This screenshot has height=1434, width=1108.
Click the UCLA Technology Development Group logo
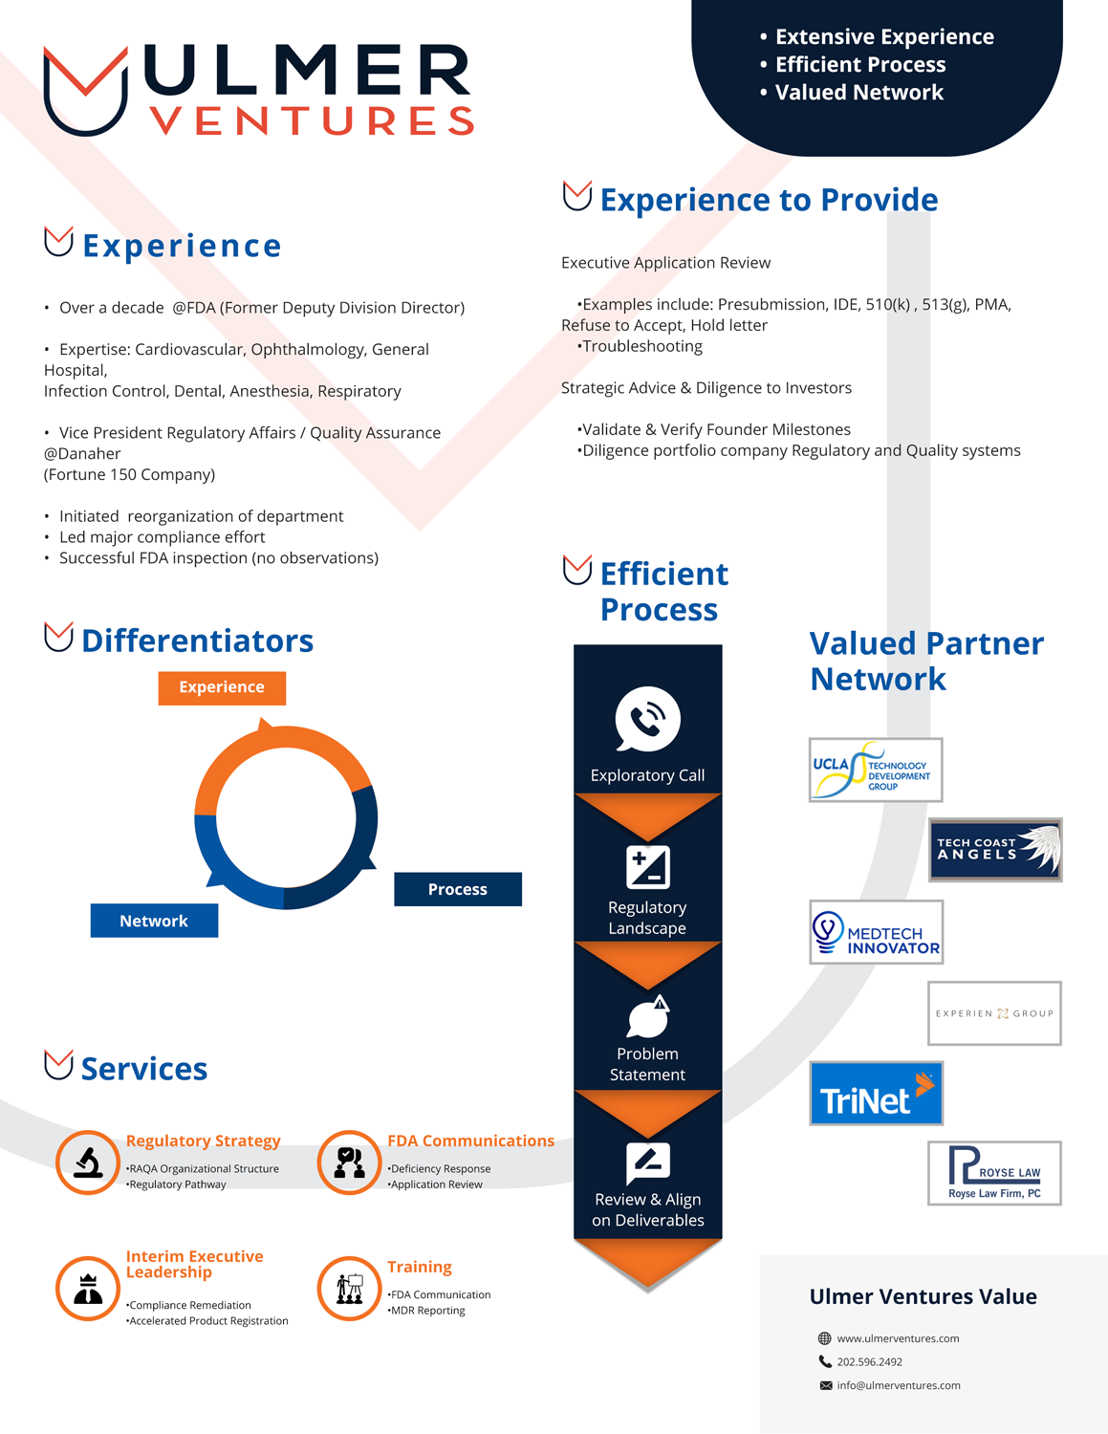click(875, 770)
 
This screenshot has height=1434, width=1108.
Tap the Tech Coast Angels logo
click(995, 850)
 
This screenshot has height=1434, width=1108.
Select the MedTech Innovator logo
click(876, 932)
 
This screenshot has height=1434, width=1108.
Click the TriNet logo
click(876, 1093)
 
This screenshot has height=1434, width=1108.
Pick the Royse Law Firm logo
click(994, 1173)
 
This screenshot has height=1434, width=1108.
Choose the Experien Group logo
click(994, 1013)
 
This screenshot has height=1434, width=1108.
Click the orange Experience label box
click(222, 687)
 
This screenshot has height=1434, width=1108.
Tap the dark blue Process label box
click(458, 889)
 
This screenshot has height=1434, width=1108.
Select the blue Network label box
click(154, 921)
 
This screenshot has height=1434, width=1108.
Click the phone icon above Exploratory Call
click(647, 719)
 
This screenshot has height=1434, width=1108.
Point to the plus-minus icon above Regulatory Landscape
click(647, 868)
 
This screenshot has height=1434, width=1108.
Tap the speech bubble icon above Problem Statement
click(648, 1017)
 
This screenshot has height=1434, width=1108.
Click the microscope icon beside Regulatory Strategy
click(88, 1162)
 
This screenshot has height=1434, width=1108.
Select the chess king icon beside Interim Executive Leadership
click(88, 1289)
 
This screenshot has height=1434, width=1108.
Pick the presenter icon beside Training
click(349, 1289)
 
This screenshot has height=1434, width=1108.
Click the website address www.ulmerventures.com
click(898, 1338)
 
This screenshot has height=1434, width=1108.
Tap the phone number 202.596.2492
click(869, 1361)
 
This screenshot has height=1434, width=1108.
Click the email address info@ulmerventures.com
click(899, 1385)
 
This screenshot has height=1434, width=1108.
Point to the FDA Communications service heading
click(470, 1141)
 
